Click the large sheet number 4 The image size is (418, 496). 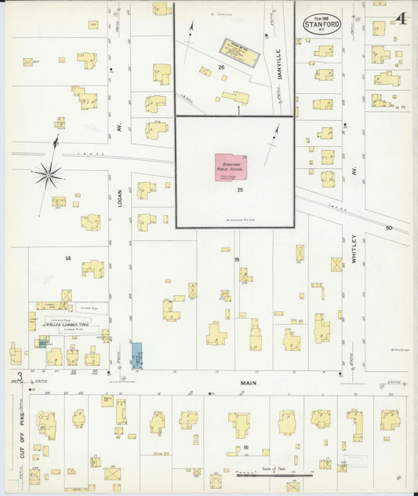pos(400,18)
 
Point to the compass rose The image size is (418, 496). pos(49,173)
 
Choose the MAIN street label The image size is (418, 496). pos(248,383)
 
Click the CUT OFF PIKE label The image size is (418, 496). pos(22,435)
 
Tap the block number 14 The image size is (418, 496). pos(68,258)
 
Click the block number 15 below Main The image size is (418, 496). pos(245,447)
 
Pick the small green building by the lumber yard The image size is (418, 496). pos(41,342)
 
